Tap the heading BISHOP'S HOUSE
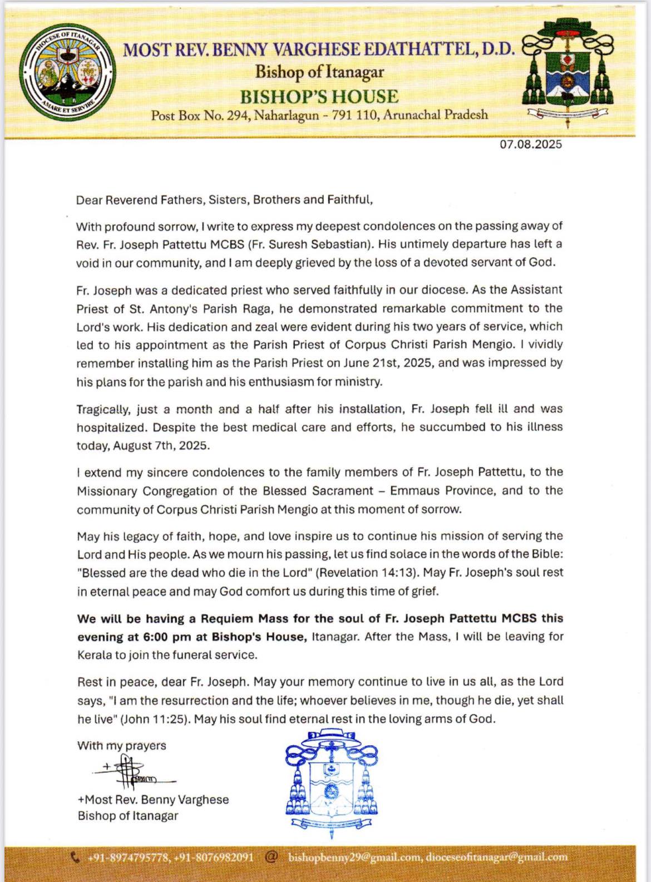pyautogui.click(x=319, y=96)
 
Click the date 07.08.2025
pyautogui.click(x=531, y=144)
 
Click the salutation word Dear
pyautogui.click(x=89, y=200)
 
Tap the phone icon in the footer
pyautogui.click(x=76, y=858)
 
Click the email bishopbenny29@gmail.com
pyautogui.click(x=354, y=858)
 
